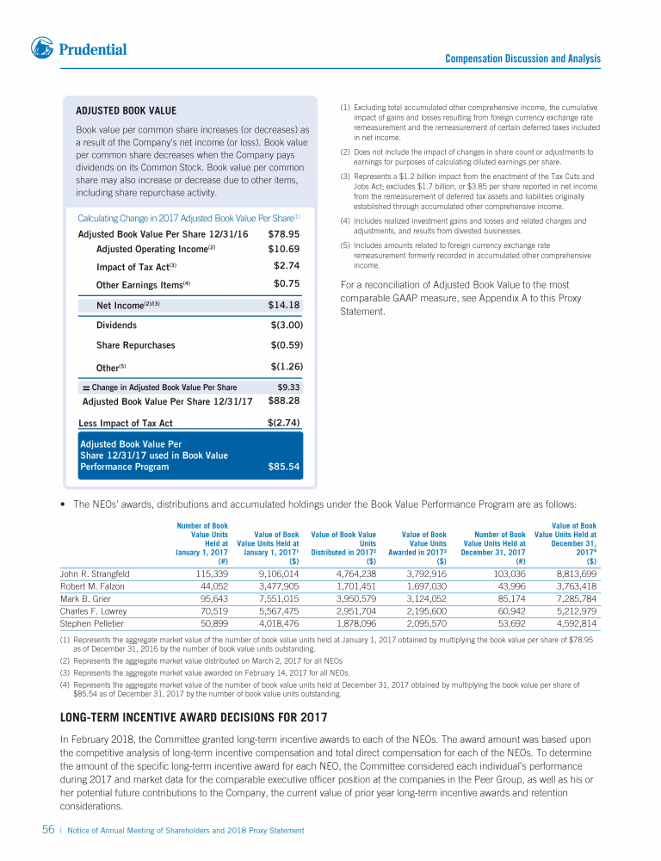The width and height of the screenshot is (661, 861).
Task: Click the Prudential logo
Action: click(79, 48)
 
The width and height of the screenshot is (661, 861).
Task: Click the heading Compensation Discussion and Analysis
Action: click(522, 59)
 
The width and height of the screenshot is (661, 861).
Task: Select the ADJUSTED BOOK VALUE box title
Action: click(127, 111)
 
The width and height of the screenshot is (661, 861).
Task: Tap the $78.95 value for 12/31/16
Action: click(283, 233)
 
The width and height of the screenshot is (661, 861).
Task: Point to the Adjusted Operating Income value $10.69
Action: click(283, 249)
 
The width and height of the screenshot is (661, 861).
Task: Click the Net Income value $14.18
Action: click(283, 305)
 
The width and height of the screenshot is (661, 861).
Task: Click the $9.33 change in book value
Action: click(288, 387)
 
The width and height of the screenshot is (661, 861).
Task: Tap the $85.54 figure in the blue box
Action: click(284, 468)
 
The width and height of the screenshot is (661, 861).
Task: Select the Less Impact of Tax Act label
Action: click(126, 423)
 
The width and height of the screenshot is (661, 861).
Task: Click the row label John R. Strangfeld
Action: click(95, 573)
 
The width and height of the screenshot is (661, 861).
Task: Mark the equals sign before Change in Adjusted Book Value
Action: click(86, 388)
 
